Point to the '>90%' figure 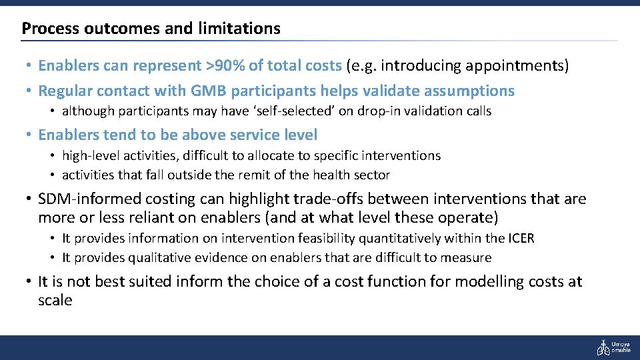[225, 65]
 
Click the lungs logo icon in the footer [602, 347]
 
